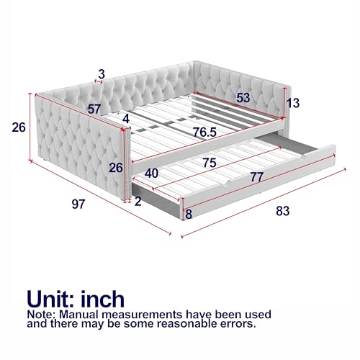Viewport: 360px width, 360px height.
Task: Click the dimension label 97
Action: coord(78,204)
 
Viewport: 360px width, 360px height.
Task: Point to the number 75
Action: coord(210,163)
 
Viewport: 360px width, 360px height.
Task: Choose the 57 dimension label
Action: coord(93,109)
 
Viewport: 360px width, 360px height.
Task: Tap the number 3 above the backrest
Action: coord(102,73)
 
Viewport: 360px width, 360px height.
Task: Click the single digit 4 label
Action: coord(126,118)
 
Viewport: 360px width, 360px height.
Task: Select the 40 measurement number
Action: coord(151,174)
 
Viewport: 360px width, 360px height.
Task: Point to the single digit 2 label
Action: coord(138,202)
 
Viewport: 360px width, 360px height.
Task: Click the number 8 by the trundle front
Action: coord(189,214)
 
